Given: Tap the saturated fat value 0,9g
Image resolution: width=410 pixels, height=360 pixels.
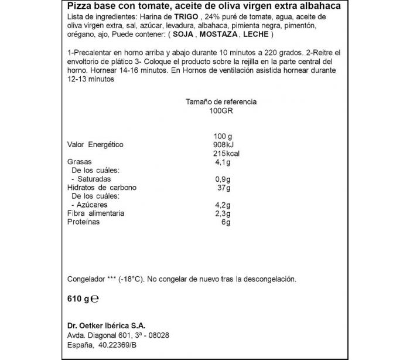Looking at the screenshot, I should pyautogui.click(x=221, y=179).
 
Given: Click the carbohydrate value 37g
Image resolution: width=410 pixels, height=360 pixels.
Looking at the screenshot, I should pyautogui.click(x=224, y=188).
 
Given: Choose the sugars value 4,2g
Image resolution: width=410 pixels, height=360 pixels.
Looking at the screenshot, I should pyautogui.click(x=221, y=205).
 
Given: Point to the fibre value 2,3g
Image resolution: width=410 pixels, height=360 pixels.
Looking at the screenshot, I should pyautogui.click(x=221, y=213).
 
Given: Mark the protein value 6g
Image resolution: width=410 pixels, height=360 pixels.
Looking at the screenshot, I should pyautogui.click(x=226, y=222).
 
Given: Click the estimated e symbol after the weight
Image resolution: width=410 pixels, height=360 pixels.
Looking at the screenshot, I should pyautogui.click(x=95, y=298).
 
